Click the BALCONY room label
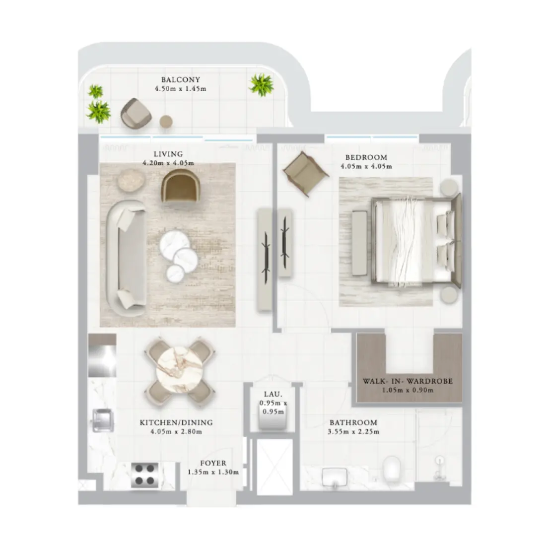pyautogui.click(x=180, y=79)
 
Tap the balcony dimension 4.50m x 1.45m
pyautogui.click(x=180, y=89)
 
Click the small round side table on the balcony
pyautogui.click(x=166, y=122)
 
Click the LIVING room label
pyautogui.click(x=168, y=154)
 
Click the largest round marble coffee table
pyautogui.click(x=175, y=243)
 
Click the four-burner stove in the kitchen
pyautogui.click(x=145, y=475)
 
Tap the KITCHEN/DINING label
pyautogui.click(x=176, y=423)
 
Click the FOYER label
pyautogui.click(x=213, y=464)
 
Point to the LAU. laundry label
pyautogui.click(x=273, y=394)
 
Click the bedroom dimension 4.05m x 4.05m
pyautogui.click(x=366, y=166)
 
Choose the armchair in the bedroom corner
pyautogui.click(x=305, y=171)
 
